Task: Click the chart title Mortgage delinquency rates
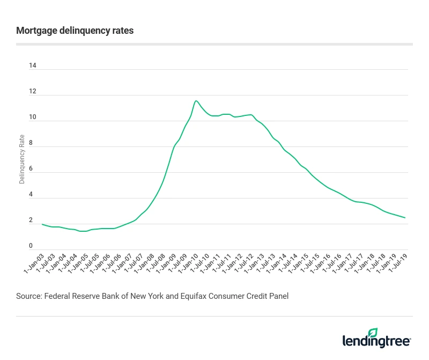75,31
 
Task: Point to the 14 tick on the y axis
33,66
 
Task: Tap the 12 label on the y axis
33,92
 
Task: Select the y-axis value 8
31,143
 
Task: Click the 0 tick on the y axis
31,246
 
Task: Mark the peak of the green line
196,101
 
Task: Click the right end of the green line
405,218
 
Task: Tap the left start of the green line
42,224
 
